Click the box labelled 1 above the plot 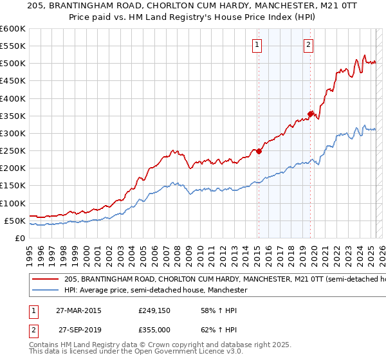tap(257, 45)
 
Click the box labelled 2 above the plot tap(309, 45)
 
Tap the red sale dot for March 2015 tap(259, 151)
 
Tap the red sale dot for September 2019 tap(310, 114)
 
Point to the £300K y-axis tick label tap(13, 133)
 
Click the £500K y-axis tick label tap(13, 63)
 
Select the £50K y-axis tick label tap(15, 221)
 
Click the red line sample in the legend tap(46, 280)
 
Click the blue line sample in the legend tap(46, 291)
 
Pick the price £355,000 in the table tap(153, 329)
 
